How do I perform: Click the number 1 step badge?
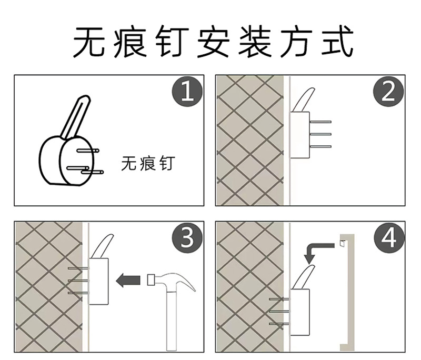pyautogui.click(x=187, y=92)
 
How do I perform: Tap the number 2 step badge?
pyautogui.click(x=388, y=92)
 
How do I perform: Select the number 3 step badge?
pyautogui.click(x=187, y=237)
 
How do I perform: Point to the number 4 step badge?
pyautogui.click(x=388, y=237)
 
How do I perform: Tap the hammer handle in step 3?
pyautogui.click(x=172, y=321)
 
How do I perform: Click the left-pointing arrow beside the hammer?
pyautogui.click(x=128, y=280)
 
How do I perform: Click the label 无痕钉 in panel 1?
pyautogui.click(x=148, y=164)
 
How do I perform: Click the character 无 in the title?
pyautogui.click(x=89, y=42)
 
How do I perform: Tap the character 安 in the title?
pyautogui.click(x=214, y=42)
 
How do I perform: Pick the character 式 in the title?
pyautogui.click(x=337, y=42)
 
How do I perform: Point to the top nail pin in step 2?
pyautogui.click(x=320, y=122)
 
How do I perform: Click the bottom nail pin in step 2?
pyautogui.click(x=320, y=146)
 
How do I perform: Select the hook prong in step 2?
pyautogui.click(x=304, y=99)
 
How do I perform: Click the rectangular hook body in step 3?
pyautogui.click(x=98, y=282)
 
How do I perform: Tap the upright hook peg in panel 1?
pyautogui.click(x=76, y=117)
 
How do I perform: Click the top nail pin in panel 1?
pyautogui.click(x=88, y=151)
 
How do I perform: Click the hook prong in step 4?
pyautogui.click(x=304, y=277)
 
